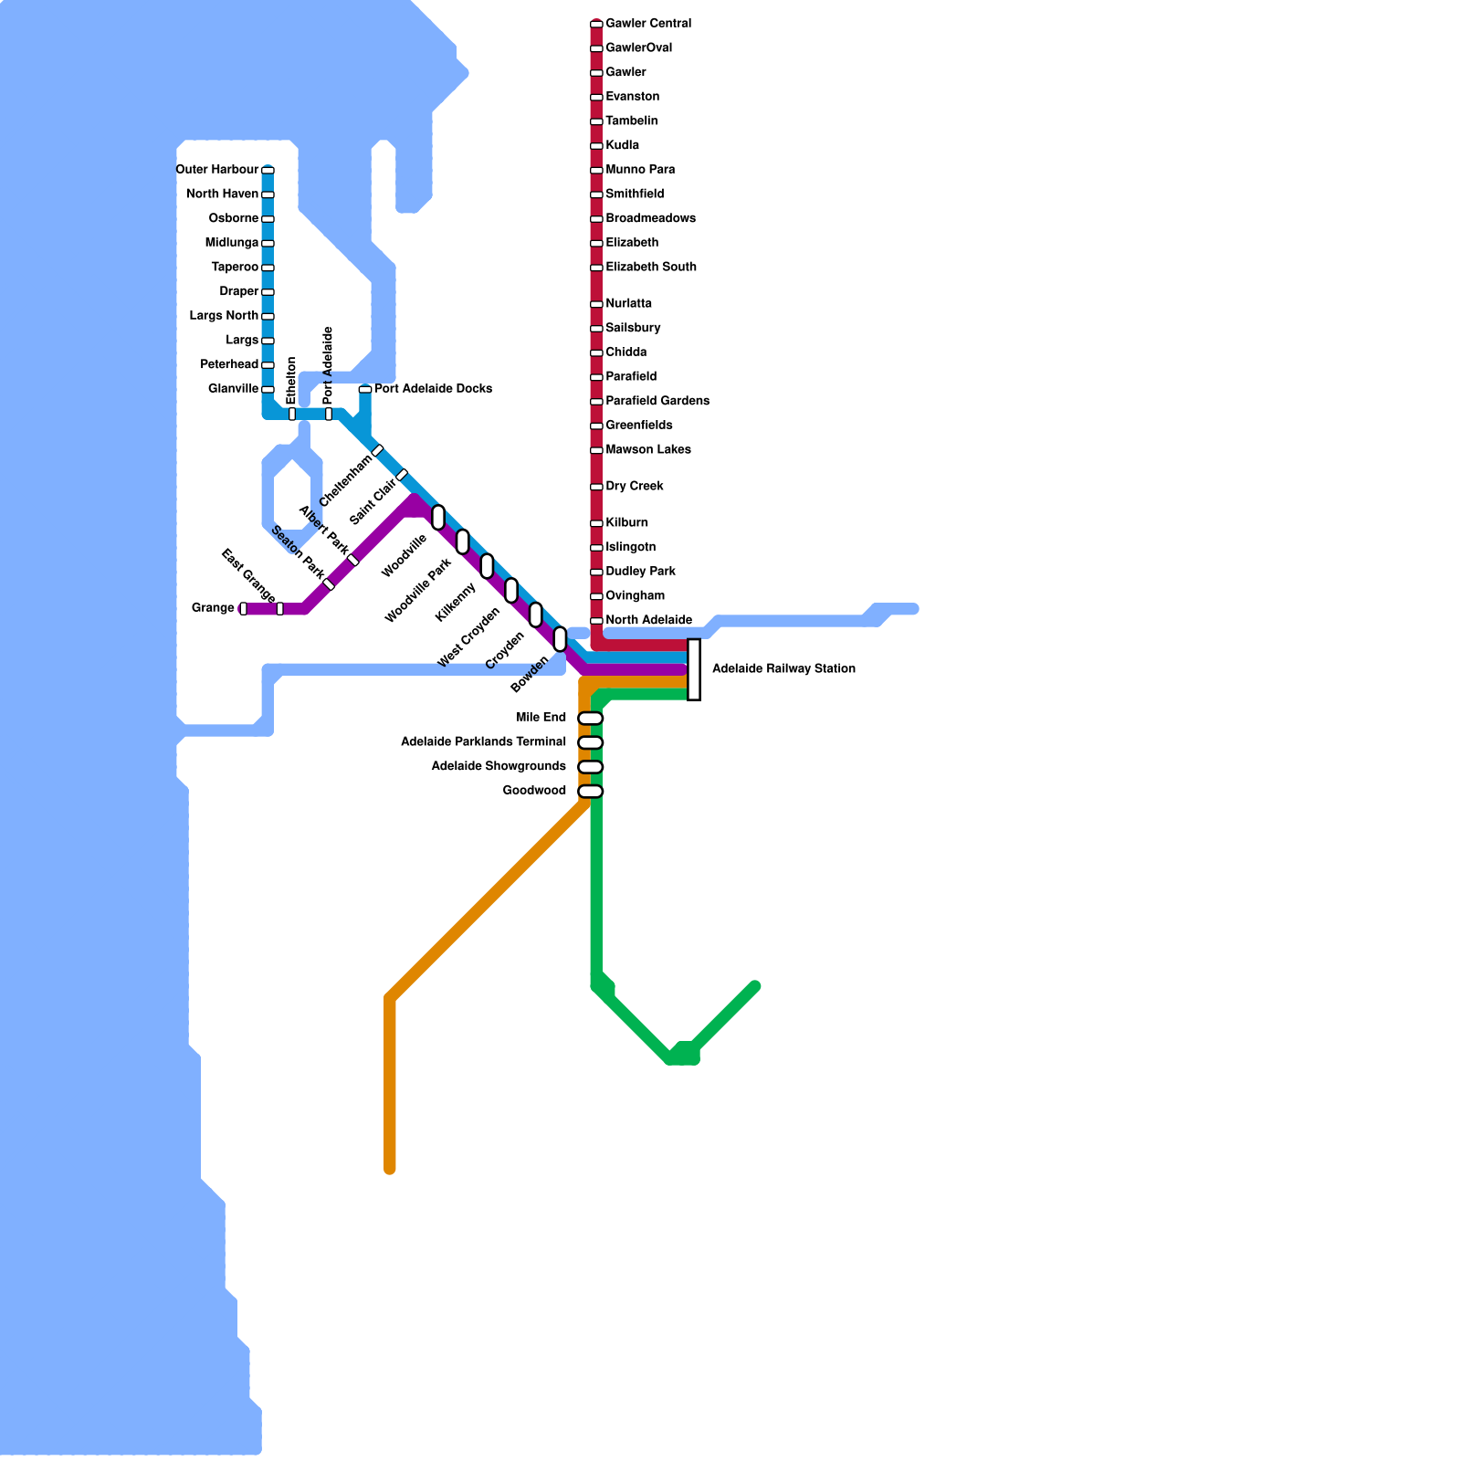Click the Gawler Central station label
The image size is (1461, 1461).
(x=648, y=24)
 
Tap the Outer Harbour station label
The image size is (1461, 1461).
(x=217, y=170)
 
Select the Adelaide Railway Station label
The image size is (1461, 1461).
(x=783, y=669)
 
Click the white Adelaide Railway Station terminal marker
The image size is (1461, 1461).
(x=694, y=669)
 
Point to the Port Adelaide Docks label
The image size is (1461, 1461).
(x=433, y=389)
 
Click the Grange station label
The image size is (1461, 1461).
(x=213, y=608)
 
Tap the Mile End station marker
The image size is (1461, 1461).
(x=591, y=719)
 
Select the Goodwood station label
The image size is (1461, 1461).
(x=534, y=791)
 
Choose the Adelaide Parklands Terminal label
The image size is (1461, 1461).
(x=483, y=742)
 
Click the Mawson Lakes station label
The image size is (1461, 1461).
(x=648, y=450)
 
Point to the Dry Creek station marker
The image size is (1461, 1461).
(x=596, y=487)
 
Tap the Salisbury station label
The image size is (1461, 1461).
(x=633, y=328)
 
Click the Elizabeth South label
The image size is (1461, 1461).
(x=651, y=268)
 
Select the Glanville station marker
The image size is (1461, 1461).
(x=268, y=389)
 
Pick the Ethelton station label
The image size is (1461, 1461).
(x=292, y=380)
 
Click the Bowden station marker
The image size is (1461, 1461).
(x=560, y=639)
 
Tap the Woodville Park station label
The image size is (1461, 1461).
(x=418, y=592)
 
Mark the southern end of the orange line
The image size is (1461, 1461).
(x=390, y=1169)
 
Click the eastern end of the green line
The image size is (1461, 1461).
(x=755, y=986)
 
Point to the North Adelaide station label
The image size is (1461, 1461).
(x=648, y=621)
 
